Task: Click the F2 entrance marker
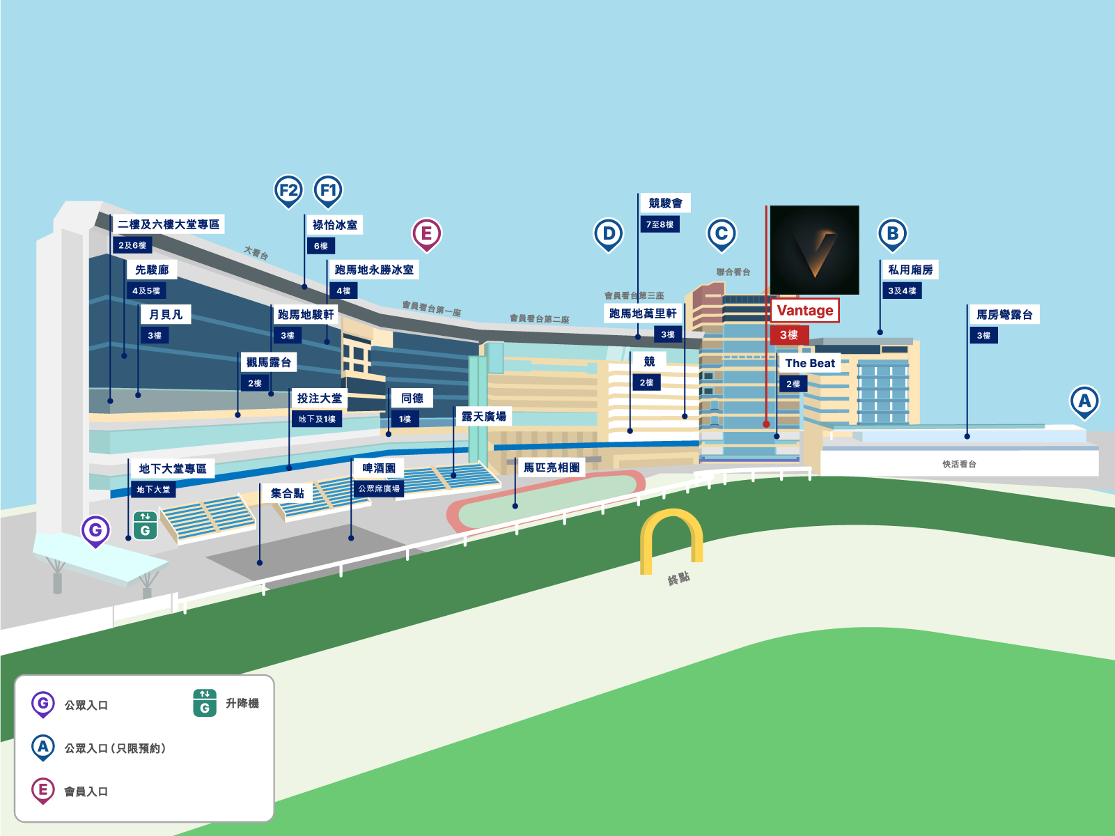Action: click(x=288, y=189)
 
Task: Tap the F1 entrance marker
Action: click(x=328, y=189)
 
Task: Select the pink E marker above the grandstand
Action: click(x=427, y=233)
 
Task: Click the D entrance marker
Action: click(x=609, y=233)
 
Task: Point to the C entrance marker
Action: click(x=722, y=233)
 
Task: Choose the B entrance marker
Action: click(x=893, y=233)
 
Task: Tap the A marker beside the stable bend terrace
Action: click(x=1084, y=401)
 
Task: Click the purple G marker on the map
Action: click(x=95, y=530)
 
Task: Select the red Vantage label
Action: click(x=805, y=311)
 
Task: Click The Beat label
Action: click(x=809, y=363)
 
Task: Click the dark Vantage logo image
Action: click(x=814, y=250)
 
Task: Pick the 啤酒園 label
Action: click(x=379, y=468)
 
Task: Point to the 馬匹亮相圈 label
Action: click(x=552, y=467)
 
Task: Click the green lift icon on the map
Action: click(x=145, y=526)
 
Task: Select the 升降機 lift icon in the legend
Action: click(x=205, y=704)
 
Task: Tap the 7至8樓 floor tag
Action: click(x=660, y=224)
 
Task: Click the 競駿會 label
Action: click(x=665, y=203)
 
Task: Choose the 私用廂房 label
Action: click(x=910, y=270)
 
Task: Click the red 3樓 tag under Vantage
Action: click(x=789, y=335)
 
